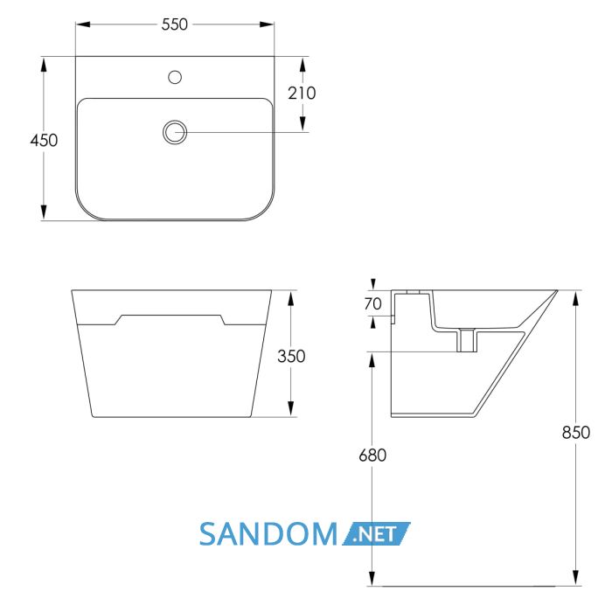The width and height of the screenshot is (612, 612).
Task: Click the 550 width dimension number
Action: [175, 24]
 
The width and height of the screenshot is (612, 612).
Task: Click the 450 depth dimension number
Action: [44, 140]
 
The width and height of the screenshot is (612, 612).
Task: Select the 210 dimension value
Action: [302, 94]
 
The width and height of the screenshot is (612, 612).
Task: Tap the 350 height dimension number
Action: [291, 356]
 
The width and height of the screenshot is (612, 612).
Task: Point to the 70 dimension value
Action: [372, 303]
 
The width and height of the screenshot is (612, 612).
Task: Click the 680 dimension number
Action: [372, 456]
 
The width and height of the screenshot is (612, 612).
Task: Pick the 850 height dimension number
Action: [575, 433]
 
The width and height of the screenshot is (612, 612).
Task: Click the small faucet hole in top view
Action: [175, 77]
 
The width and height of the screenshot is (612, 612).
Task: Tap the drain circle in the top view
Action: [175, 132]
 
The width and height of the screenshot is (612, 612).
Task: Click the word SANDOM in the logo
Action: [268, 534]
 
